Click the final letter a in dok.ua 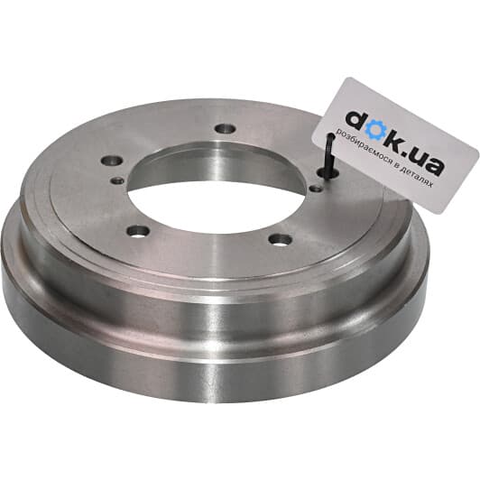click(434, 166)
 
